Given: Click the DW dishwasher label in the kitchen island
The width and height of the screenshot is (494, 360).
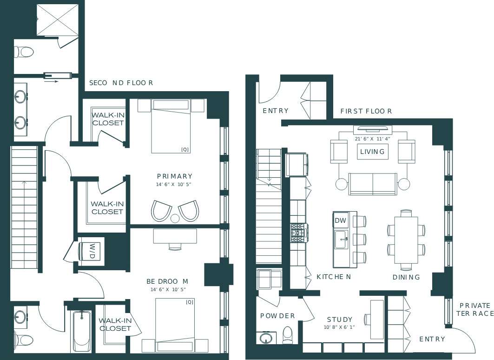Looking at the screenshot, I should pyautogui.click(x=340, y=220).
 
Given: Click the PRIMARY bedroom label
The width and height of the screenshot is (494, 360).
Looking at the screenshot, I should pyautogui.click(x=174, y=176).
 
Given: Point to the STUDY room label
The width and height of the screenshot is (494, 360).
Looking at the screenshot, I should pyautogui.click(x=339, y=320).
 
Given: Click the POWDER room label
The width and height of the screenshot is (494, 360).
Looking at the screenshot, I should pyautogui.click(x=277, y=316).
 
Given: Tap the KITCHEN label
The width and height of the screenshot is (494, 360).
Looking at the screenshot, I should pyautogui.click(x=333, y=277).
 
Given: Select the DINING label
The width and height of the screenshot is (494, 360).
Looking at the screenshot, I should pyautogui.click(x=406, y=277).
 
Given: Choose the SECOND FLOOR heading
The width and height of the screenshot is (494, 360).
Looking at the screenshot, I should pyautogui.click(x=121, y=83).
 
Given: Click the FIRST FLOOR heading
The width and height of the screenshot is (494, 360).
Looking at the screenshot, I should pyautogui.click(x=366, y=111).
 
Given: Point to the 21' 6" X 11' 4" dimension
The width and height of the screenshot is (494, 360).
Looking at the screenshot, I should pyautogui.click(x=373, y=138).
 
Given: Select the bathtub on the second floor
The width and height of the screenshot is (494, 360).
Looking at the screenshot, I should pyautogui.click(x=82, y=331).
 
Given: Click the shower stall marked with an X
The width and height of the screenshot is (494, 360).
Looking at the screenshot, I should pyautogui.click(x=57, y=20).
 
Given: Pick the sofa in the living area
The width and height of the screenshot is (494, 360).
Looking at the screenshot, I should pyautogui.click(x=373, y=184).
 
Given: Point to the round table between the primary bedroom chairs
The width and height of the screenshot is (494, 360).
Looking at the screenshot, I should pyautogui.click(x=175, y=218).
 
